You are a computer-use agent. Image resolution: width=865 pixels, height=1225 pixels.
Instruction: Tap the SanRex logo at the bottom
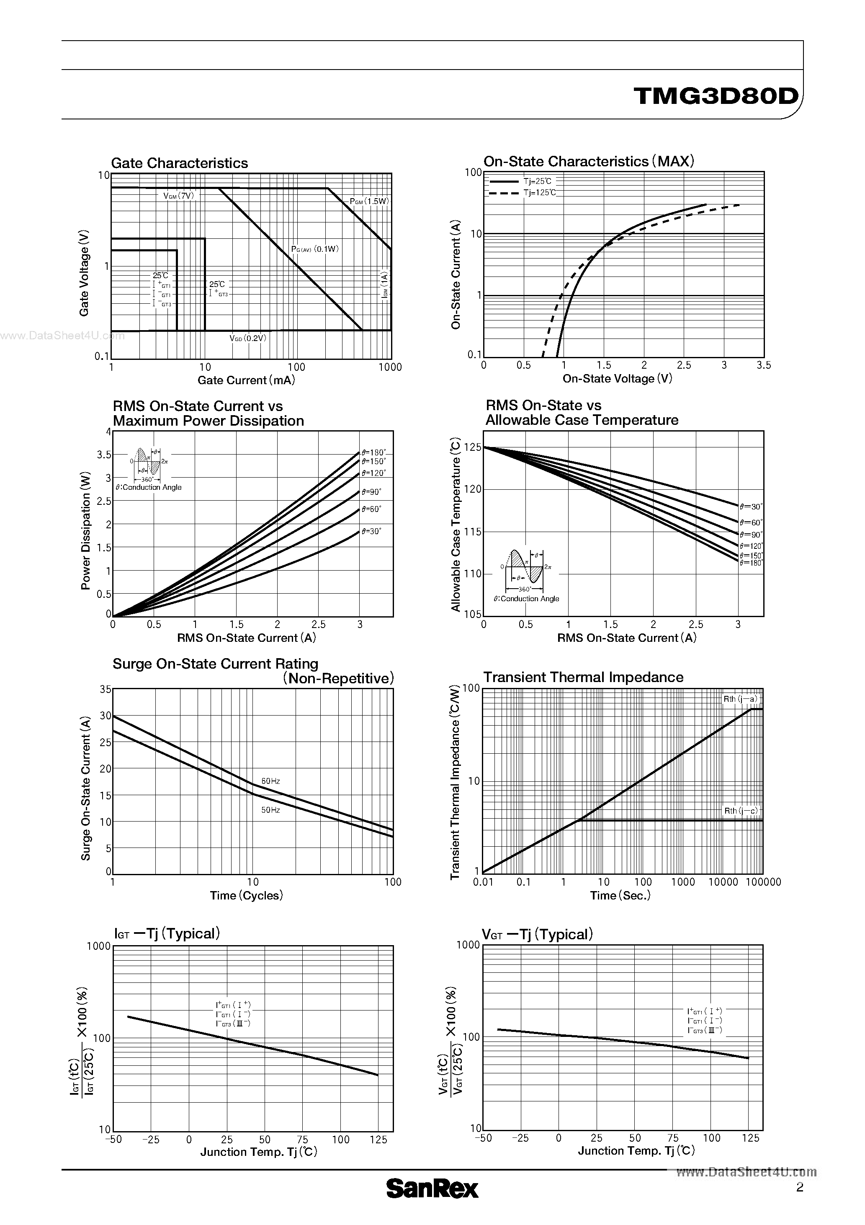pos(432,1189)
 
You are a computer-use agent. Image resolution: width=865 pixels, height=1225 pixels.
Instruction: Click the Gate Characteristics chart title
pos(179,163)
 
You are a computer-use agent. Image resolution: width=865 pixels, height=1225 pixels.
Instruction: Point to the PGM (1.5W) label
pos(369,201)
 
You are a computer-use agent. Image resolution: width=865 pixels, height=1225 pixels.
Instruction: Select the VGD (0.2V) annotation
pos(247,338)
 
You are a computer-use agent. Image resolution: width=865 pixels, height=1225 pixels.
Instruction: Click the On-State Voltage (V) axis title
pos(617,379)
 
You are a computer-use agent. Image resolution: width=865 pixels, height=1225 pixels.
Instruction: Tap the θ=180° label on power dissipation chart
pos(373,452)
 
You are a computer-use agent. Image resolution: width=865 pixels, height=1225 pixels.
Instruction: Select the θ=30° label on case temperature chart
pos(751,507)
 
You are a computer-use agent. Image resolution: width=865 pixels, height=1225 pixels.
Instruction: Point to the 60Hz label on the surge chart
pos(270,781)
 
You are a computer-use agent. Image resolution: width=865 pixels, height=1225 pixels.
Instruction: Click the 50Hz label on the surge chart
pos(270,810)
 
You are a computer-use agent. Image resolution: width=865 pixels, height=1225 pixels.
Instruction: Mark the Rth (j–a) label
pos(740,699)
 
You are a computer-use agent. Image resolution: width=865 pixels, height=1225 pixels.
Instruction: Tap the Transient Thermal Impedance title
pos(583,677)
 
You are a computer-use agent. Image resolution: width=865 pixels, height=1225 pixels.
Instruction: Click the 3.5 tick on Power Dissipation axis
pos(104,455)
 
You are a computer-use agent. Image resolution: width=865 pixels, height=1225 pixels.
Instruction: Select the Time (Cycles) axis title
pos(246,895)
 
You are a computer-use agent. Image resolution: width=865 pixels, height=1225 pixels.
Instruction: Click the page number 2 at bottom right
pos(799,1187)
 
